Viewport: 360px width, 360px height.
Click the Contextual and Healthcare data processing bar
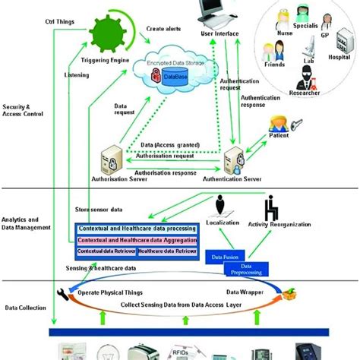coord(135,229)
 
